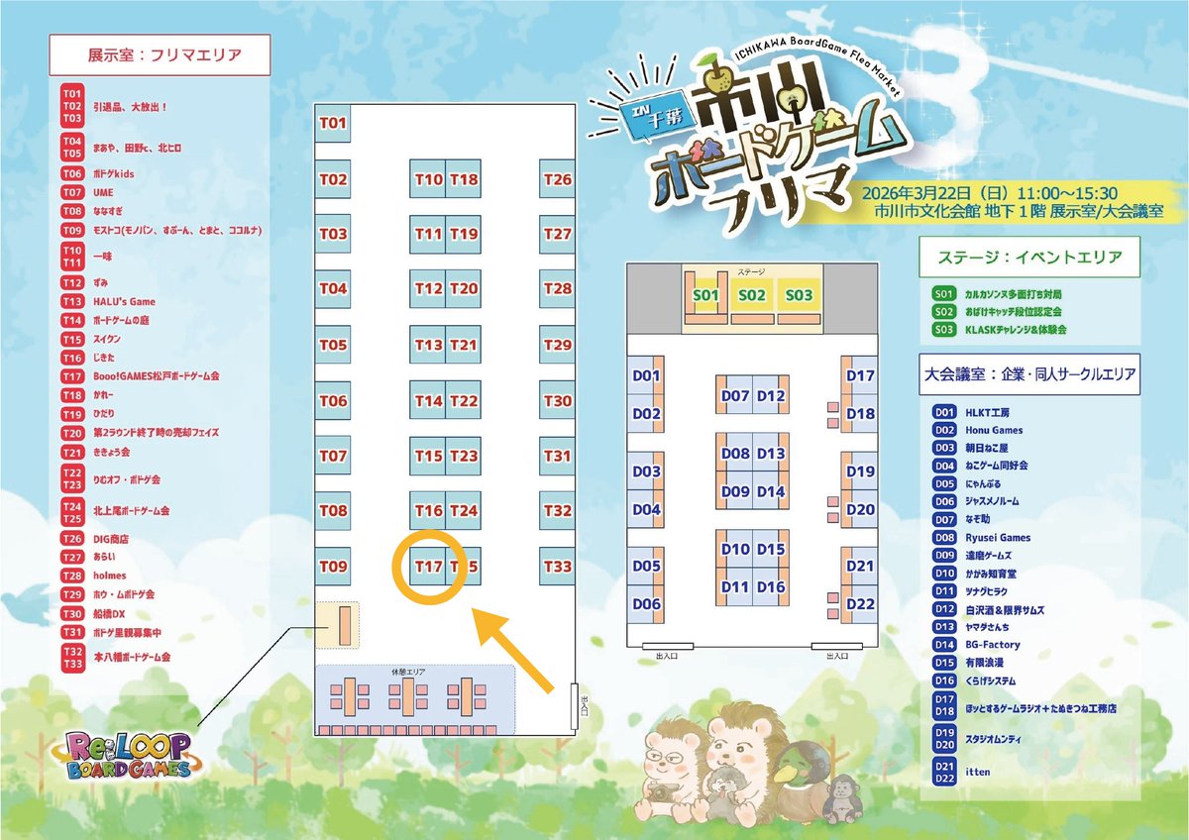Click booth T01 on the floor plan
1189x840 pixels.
333,123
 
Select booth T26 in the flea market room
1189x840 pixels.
558,179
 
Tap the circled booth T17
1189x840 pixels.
428,567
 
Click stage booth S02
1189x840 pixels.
752,294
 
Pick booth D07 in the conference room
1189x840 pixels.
735,395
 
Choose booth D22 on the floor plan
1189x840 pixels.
860,603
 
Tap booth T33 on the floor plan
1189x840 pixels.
558,566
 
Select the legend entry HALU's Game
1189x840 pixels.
124,301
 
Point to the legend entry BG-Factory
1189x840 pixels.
992,645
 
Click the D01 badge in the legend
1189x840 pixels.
944,412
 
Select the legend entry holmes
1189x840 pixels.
110,576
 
